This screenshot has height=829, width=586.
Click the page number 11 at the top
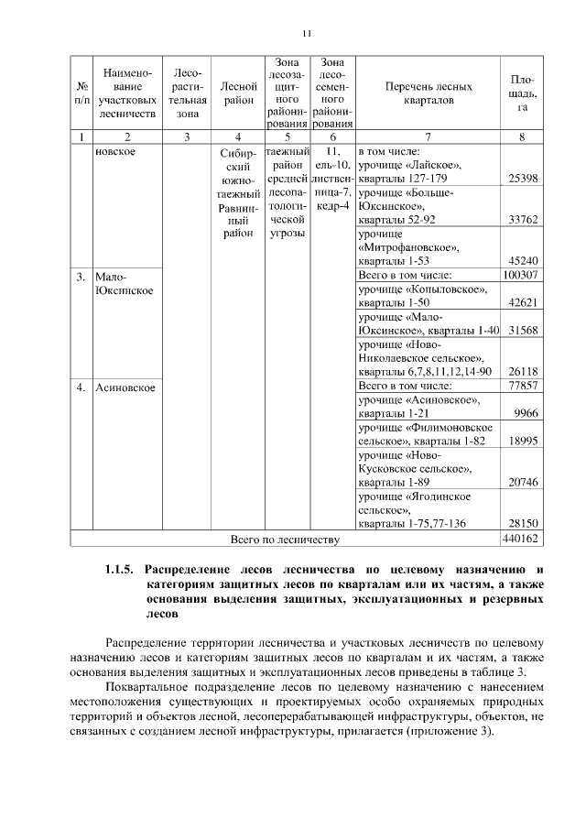pyautogui.click(x=307, y=34)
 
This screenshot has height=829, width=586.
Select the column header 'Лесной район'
pyautogui.click(x=238, y=93)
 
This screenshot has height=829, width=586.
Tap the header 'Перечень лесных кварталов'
pyautogui.click(x=428, y=93)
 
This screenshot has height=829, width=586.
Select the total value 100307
pyautogui.click(x=520, y=275)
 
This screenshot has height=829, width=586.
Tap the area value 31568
pyautogui.click(x=520, y=331)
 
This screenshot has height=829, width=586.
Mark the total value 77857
pyautogui.click(x=520, y=386)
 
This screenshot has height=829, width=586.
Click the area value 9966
pyautogui.click(x=526, y=414)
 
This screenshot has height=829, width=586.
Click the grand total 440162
pyautogui.click(x=520, y=538)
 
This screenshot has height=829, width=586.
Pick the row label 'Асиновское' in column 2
pyautogui.click(x=125, y=387)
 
